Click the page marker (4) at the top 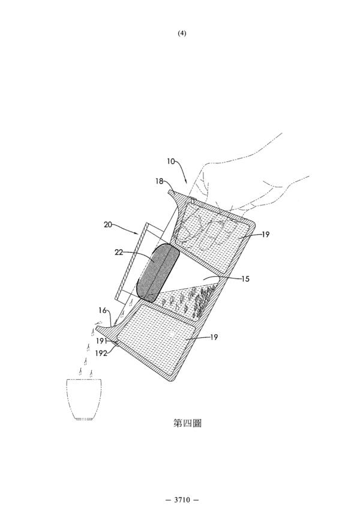tap(182, 33)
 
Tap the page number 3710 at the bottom tap(182, 499)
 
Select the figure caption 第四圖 tap(187, 423)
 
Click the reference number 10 tap(171, 161)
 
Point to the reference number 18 tap(159, 181)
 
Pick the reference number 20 tap(108, 224)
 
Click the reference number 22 tap(119, 252)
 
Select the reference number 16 tap(103, 310)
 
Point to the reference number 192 tap(101, 353)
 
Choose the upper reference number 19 tap(265, 234)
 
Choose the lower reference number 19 tap(214, 337)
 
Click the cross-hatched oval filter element tap(158, 272)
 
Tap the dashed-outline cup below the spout tap(84, 399)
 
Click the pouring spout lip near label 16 tap(101, 327)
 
